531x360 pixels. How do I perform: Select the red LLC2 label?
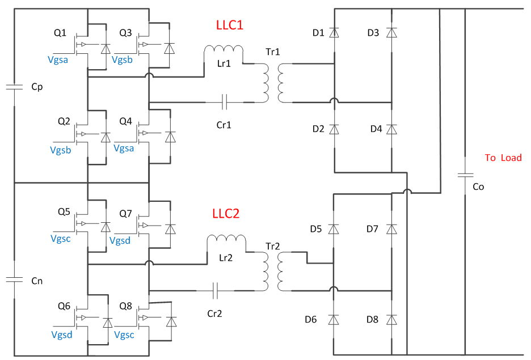(x=226, y=214)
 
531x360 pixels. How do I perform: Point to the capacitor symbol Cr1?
(x=225, y=102)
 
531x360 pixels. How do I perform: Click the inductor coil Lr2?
(x=226, y=243)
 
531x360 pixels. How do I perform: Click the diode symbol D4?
(x=391, y=129)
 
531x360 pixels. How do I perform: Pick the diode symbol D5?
(x=334, y=229)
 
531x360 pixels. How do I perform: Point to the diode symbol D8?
(x=391, y=320)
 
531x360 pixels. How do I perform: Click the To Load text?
(x=503, y=158)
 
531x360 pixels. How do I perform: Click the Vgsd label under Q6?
(x=61, y=334)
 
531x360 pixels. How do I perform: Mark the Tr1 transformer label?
(x=273, y=52)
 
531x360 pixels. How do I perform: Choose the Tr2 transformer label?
(x=273, y=247)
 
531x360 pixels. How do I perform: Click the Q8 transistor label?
(x=126, y=306)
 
